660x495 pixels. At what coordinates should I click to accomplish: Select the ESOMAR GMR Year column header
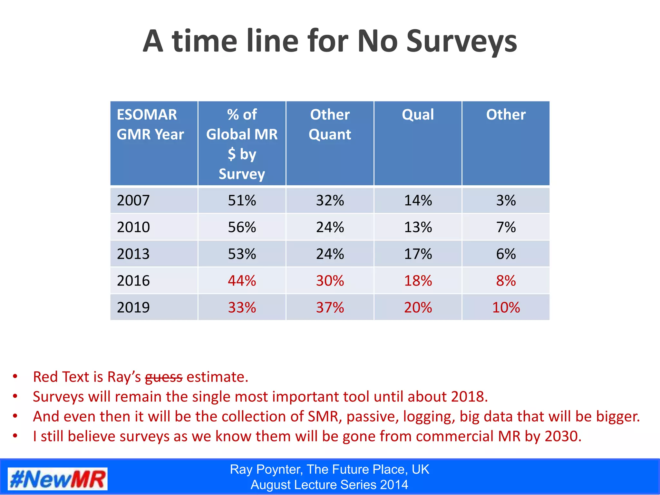tap(150, 124)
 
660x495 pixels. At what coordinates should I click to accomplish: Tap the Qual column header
tap(418, 115)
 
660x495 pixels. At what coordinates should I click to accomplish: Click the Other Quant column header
tap(330, 124)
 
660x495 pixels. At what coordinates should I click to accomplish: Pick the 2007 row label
tap(133, 200)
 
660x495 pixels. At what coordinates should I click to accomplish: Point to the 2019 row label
tap(133, 307)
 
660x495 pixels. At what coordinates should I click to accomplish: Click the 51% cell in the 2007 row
tap(242, 200)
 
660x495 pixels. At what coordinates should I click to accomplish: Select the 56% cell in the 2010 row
tap(242, 227)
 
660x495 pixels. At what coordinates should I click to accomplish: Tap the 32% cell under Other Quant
tap(330, 200)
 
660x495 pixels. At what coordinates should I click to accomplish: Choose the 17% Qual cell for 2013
tap(418, 254)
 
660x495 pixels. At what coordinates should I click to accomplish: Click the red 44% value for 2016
tap(242, 281)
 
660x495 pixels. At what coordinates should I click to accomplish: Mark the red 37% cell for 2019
tap(330, 307)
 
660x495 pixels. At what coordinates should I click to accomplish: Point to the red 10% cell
tap(506, 307)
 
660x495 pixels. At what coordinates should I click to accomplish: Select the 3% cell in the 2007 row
tap(506, 200)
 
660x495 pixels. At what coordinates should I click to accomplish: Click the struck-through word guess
tap(164, 377)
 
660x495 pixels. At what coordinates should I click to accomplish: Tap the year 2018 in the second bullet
tap(469, 397)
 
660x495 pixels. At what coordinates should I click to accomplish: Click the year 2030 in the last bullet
tap(563, 436)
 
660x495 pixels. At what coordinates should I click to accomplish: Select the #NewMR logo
tap(57, 479)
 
